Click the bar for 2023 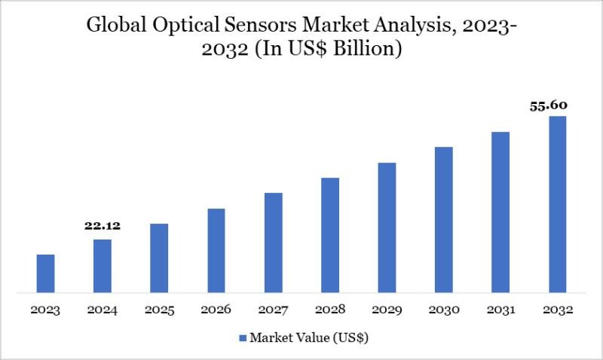(x=45, y=273)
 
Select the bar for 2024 (x=103, y=265)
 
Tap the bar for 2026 (x=216, y=250)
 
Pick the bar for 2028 (x=330, y=234)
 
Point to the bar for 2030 (x=444, y=219)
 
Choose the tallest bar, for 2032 (x=558, y=203)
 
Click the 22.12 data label (x=103, y=225)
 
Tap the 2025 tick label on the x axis (x=159, y=310)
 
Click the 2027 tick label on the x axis (x=273, y=310)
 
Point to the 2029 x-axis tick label (x=387, y=310)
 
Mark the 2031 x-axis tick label (x=500, y=310)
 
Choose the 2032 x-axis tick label (x=558, y=310)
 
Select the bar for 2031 (x=500, y=212)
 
